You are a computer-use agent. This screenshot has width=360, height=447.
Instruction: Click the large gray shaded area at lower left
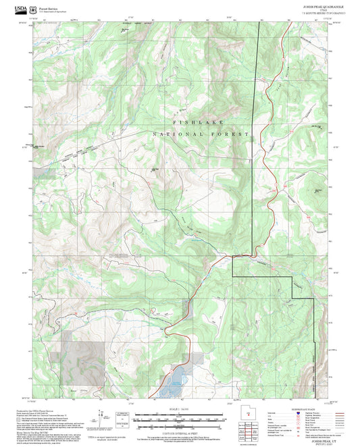[x=84, y=351]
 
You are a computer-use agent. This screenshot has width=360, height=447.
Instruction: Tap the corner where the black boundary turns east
[x=233, y=257]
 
